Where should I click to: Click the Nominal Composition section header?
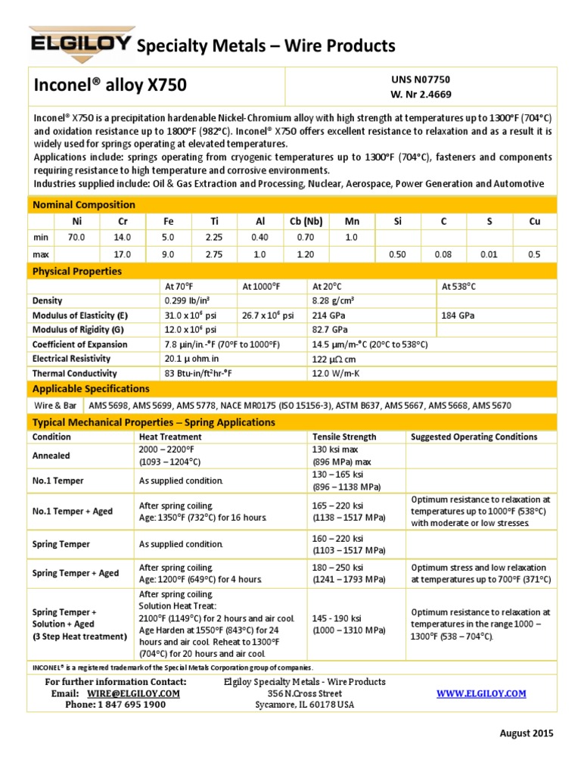tap(83, 204)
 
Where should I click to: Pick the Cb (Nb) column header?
tap(306, 221)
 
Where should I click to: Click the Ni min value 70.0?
tap(77, 237)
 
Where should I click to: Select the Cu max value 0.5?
tap(534, 255)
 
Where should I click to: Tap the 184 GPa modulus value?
tap(457, 316)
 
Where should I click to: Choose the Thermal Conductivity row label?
tap(74, 373)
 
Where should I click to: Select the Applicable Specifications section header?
tap(89, 388)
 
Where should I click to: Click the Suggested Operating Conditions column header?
tap(474, 437)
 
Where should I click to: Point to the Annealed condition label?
tap(51, 456)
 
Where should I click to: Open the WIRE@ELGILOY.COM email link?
tap(133, 693)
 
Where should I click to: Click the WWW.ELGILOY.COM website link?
tap(481, 693)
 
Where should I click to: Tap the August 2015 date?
tap(527, 733)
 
